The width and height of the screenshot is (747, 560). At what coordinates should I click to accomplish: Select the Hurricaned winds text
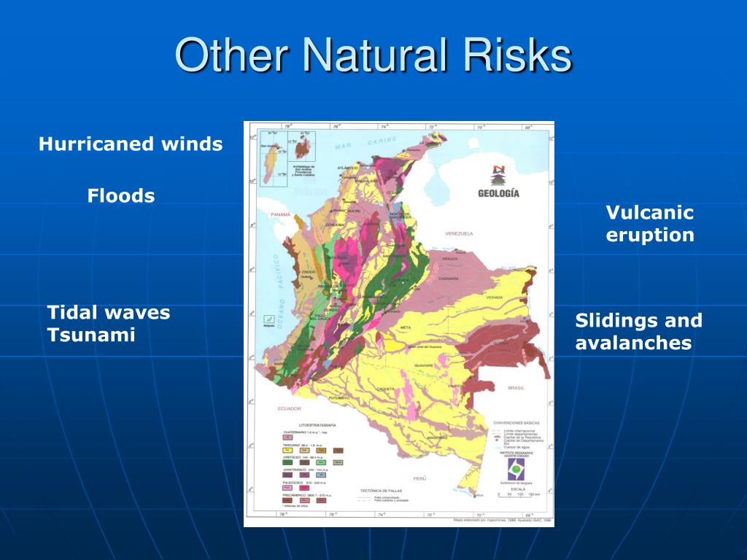point(131,144)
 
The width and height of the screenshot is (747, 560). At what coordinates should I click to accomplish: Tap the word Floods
point(121,195)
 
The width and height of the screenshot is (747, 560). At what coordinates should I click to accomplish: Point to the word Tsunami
point(92,335)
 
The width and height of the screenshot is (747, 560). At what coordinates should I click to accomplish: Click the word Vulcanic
point(649,213)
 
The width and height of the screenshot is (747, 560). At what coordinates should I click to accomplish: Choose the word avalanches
point(633,343)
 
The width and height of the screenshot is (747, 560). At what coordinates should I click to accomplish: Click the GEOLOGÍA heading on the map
point(498,193)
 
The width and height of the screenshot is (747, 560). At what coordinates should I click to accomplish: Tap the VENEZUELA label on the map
point(459,233)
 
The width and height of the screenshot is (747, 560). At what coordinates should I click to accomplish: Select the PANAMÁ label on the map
point(280,215)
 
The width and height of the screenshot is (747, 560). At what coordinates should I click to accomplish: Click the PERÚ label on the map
point(419,478)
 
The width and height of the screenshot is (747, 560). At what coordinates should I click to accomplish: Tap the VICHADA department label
point(495,297)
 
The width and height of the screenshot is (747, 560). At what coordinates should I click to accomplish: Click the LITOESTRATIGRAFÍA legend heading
point(317,424)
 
